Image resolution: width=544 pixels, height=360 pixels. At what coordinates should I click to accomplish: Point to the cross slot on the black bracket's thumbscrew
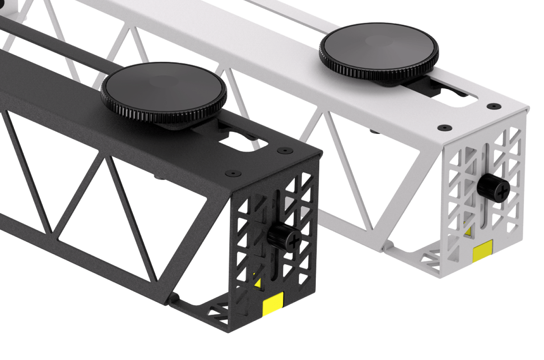[294, 239]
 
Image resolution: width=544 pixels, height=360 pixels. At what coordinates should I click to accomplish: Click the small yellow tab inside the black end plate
[258, 283]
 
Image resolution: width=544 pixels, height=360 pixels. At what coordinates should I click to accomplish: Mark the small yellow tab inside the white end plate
[468, 232]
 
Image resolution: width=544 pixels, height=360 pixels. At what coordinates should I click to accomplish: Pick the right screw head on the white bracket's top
[492, 106]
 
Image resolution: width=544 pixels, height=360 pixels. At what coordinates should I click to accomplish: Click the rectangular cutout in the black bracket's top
[237, 141]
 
